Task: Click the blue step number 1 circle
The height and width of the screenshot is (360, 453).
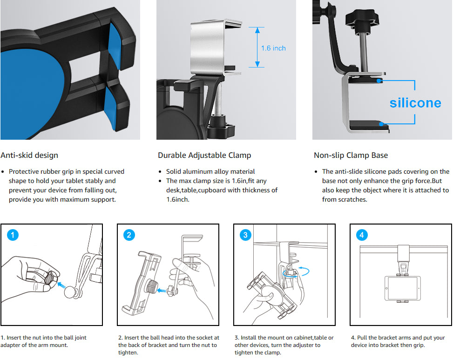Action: (13, 235)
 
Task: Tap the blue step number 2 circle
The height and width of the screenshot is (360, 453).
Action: (129, 235)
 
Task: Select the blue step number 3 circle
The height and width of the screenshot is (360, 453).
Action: (246, 235)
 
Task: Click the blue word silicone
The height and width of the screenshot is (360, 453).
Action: (415, 102)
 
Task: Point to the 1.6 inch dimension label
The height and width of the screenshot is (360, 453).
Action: (273, 48)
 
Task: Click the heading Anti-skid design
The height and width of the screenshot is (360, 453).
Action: (29, 155)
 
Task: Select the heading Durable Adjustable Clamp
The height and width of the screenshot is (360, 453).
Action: (204, 155)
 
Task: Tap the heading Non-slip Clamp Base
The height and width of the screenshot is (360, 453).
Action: (351, 155)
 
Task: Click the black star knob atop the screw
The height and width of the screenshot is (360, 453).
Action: (361, 20)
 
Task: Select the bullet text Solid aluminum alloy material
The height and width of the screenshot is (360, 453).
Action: (210, 171)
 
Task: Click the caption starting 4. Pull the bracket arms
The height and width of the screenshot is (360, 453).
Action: (398, 341)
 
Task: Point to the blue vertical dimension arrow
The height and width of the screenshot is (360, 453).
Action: (257, 47)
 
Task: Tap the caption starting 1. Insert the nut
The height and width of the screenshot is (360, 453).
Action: (43, 341)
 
